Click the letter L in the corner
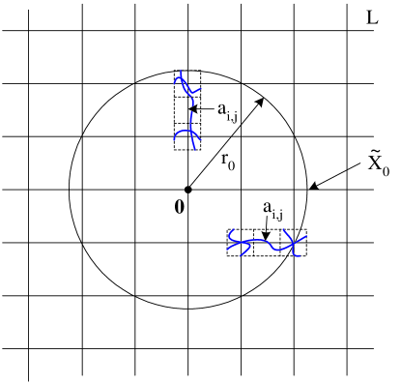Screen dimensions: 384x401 (373, 17)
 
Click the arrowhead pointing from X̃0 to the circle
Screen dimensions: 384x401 (310, 189)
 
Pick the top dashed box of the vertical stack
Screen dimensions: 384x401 (187, 82)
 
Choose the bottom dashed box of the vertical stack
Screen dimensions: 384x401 (187, 135)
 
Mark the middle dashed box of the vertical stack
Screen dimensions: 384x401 (187, 108)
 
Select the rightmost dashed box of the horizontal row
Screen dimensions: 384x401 (294, 242)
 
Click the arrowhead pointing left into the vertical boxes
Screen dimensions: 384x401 (195, 109)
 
